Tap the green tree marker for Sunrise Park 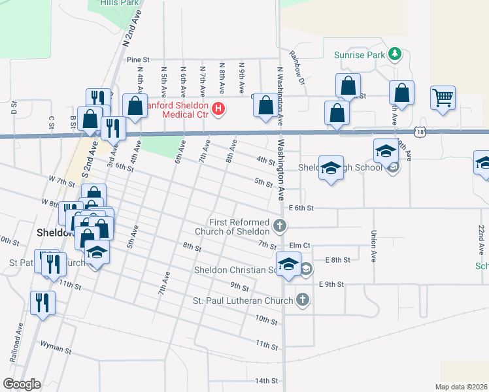394,54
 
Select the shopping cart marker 443,98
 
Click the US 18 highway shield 419,132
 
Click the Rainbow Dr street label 297,68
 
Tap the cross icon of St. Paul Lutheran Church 302,300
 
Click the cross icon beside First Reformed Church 280,227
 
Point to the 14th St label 267,380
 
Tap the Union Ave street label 373,242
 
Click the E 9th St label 331,284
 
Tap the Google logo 21,384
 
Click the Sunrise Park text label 360,55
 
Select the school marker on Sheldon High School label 331,168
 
